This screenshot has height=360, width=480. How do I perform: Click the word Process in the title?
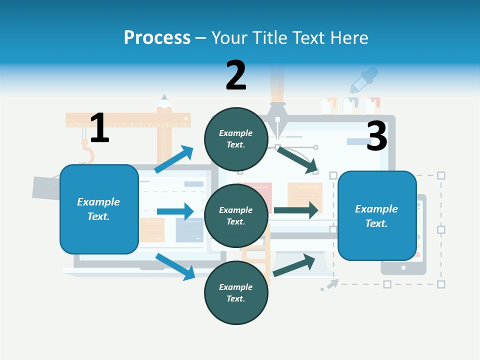click(x=157, y=37)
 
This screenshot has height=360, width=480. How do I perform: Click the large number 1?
click(x=99, y=128)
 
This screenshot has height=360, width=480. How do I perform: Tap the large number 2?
click(x=236, y=75)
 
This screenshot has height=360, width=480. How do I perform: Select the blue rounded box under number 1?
click(x=99, y=209)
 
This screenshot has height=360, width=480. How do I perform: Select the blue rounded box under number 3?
click(x=377, y=216)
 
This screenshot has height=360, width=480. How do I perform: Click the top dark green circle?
click(x=236, y=139)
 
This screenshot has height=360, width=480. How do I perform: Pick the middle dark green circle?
click(x=236, y=216)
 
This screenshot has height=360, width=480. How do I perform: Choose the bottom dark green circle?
click(x=236, y=293)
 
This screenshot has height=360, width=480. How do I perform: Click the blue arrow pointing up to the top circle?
click(x=174, y=159)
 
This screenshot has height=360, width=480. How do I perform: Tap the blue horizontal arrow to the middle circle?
click(x=175, y=211)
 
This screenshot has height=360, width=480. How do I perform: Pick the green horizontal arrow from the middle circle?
click(x=296, y=210)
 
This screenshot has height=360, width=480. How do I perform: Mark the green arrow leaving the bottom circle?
click(x=294, y=265)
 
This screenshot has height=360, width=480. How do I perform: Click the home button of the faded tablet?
click(x=403, y=268)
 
